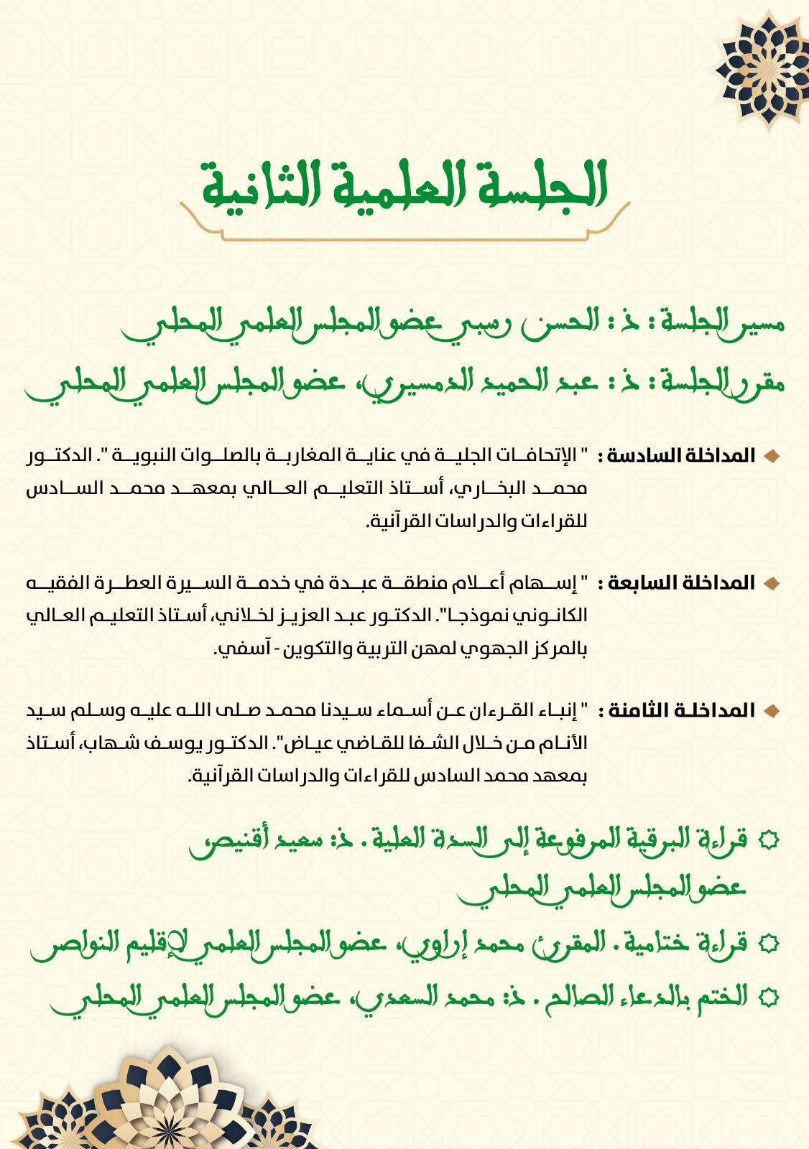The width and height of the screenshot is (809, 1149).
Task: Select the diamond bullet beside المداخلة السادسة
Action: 772,456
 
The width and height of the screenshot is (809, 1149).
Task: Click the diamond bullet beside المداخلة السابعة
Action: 772,583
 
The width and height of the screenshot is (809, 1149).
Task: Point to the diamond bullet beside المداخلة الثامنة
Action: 772,711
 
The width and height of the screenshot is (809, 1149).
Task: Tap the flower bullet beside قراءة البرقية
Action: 769,839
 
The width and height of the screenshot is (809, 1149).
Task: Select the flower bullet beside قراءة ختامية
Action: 769,943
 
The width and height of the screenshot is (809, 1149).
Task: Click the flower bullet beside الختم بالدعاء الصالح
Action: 769,997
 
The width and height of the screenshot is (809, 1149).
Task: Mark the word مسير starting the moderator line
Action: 759,323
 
